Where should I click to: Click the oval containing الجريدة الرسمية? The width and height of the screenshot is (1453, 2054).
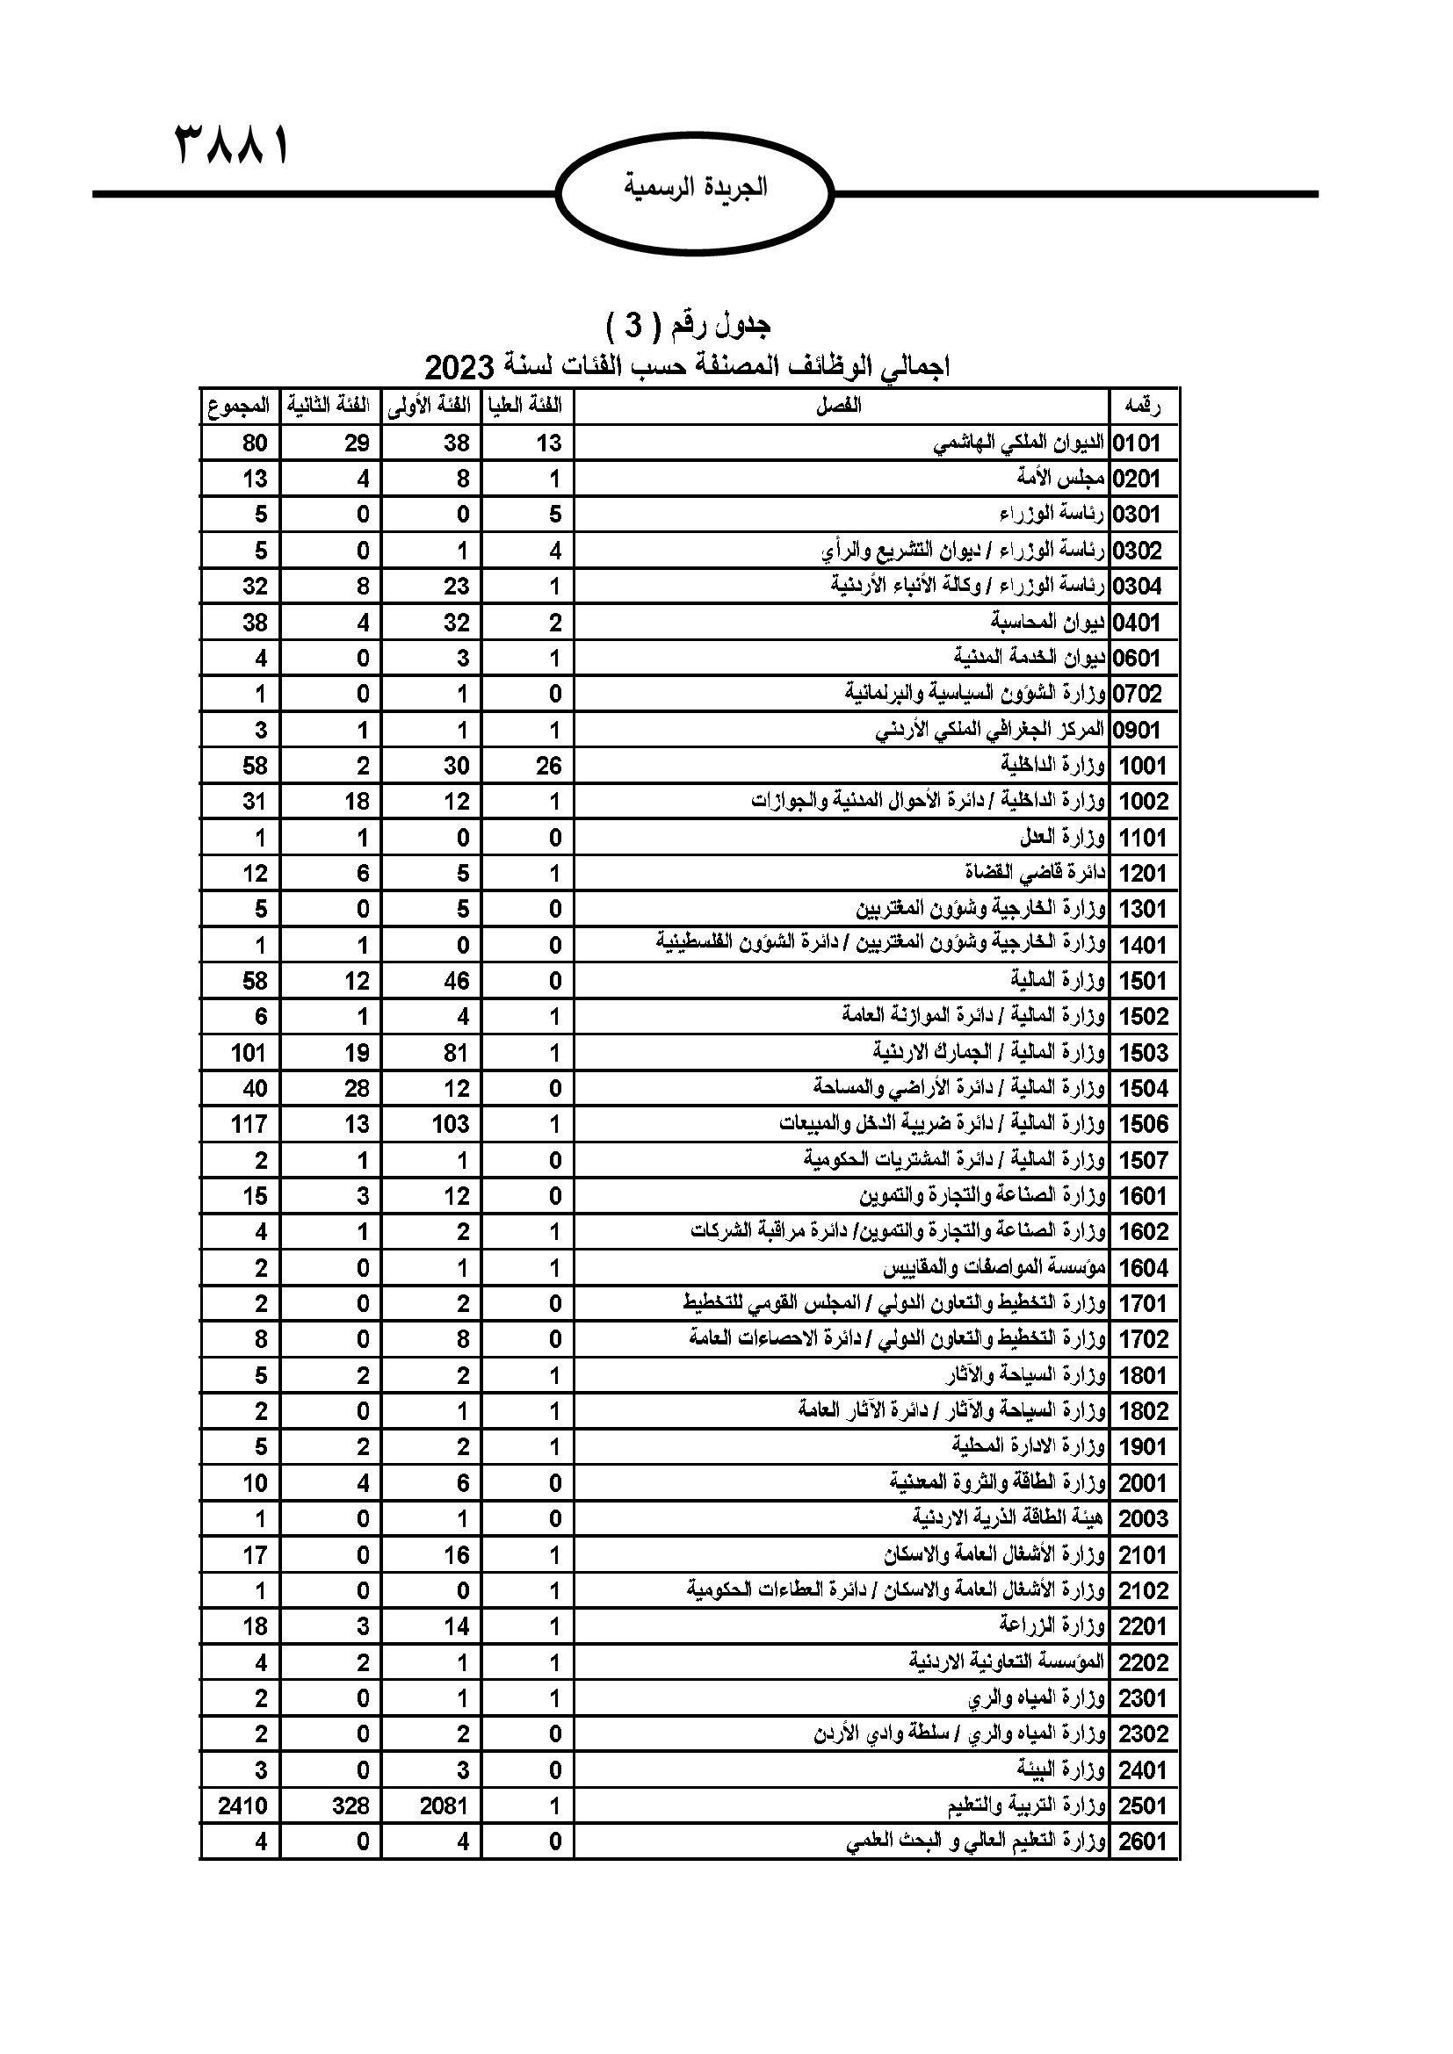694,189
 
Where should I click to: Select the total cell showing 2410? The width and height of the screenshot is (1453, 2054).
242,1806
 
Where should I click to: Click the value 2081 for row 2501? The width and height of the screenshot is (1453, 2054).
444,1806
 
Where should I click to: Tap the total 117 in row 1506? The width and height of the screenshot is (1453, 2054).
249,1125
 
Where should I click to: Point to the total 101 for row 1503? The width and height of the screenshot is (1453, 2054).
249,1053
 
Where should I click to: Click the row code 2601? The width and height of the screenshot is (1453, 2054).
1143,1842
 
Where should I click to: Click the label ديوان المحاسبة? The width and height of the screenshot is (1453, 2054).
1048,622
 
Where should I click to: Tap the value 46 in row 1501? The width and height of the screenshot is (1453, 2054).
456,982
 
